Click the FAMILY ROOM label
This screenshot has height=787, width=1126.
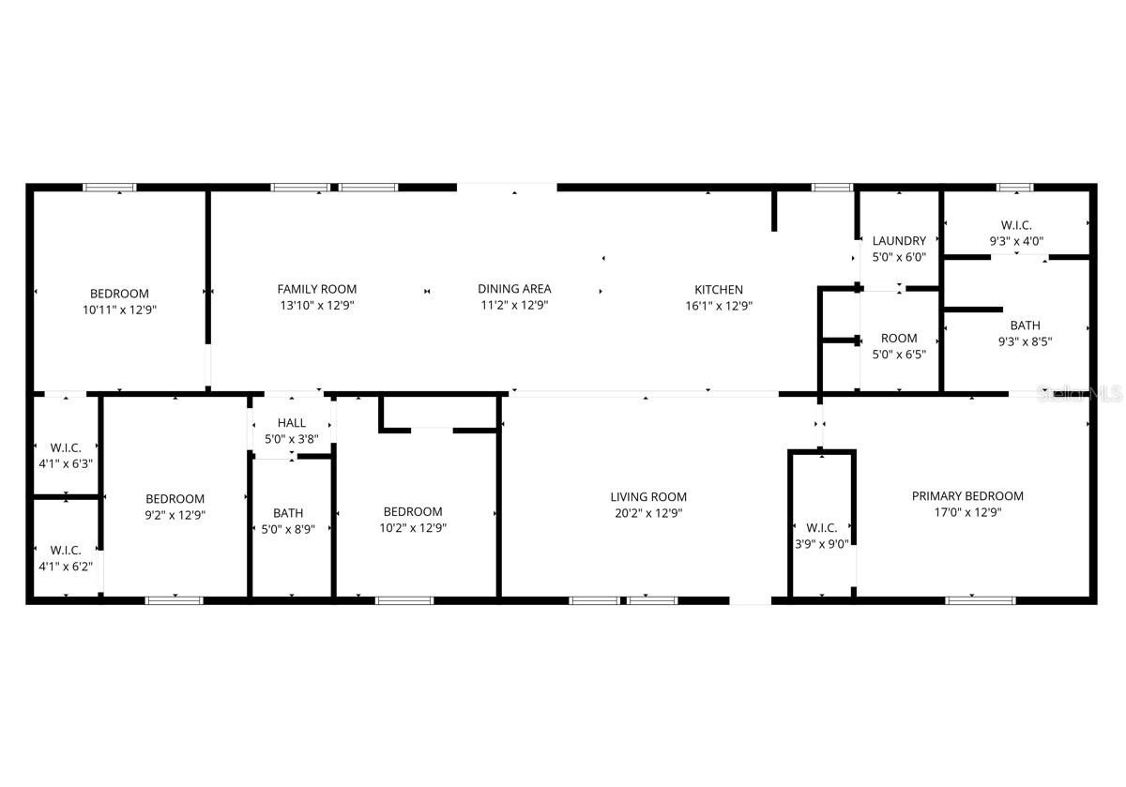(x=316, y=289)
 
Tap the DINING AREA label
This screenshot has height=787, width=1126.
(x=514, y=289)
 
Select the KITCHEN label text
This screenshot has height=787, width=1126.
(x=719, y=290)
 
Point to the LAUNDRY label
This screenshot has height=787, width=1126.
(x=899, y=241)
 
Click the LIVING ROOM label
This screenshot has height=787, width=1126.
(x=648, y=497)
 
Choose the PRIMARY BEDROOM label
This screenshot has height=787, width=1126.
(x=967, y=496)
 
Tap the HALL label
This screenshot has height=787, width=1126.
(x=291, y=423)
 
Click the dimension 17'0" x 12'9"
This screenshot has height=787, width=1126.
(x=967, y=513)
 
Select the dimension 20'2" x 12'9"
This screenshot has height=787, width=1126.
(x=648, y=513)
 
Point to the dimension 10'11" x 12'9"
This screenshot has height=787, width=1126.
(x=119, y=309)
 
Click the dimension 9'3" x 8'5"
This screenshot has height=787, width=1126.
(x=1025, y=342)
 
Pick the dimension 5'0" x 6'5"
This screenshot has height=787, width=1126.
(x=899, y=355)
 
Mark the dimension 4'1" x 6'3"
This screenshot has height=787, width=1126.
(x=65, y=463)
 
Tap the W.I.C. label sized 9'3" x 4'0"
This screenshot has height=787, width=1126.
(x=1016, y=224)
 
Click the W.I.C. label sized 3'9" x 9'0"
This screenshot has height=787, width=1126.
(x=821, y=528)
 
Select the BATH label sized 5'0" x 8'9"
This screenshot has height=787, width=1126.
(x=288, y=513)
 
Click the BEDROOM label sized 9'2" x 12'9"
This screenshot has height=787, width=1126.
(x=175, y=499)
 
